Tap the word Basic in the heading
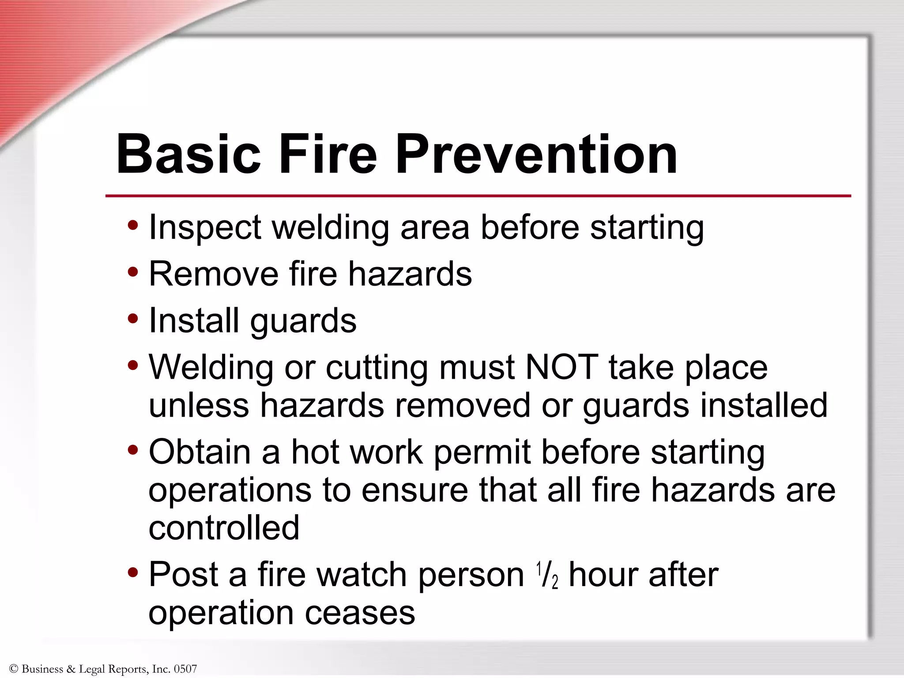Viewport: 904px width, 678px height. pyautogui.click(x=189, y=154)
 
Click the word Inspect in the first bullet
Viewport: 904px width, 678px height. pyautogui.click(x=205, y=228)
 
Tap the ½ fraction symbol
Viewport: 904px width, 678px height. pyautogui.click(x=547, y=575)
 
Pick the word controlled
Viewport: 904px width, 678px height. pyautogui.click(x=224, y=528)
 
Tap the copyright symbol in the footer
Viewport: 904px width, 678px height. pyautogui.click(x=13, y=669)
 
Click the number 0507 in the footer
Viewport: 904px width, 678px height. pyautogui.click(x=185, y=669)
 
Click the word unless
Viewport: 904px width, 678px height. pyautogui.click(x=199, y=405)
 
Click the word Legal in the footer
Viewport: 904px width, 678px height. pyautogui.click(x=92, y=669)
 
